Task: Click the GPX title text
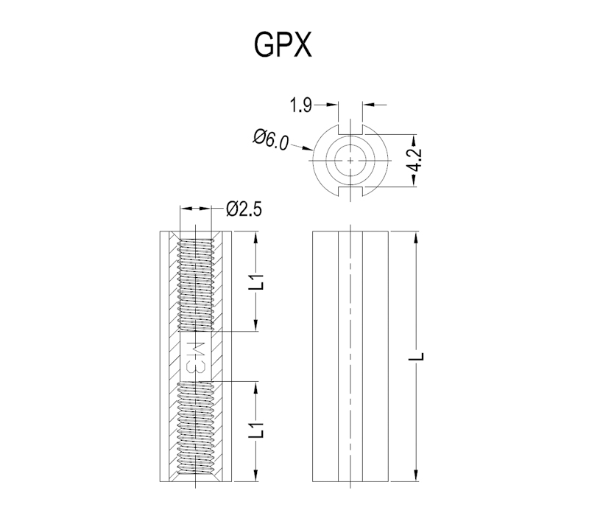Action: pos(283,44)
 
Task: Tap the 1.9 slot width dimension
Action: pos(301,105)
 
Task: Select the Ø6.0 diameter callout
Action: pos(271,139)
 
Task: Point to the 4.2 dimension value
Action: pos(415,160)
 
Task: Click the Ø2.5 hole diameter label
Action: pos(244,209)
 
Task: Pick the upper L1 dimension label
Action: pos(257,282)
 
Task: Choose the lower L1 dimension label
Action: pos(257,430)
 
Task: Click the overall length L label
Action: pos(416,356)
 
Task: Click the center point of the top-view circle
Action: pos(350,161)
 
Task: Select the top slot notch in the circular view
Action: pos(350,129)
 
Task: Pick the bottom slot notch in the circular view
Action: pos(350,192)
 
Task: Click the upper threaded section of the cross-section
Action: pos(195,285)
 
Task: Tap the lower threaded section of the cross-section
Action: pos(195,428)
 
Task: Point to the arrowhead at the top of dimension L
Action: pos(416,237)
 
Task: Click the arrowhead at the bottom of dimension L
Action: pos(416,475)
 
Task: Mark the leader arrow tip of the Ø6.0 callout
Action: pos(312,150)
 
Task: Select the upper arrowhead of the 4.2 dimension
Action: pos(414,140)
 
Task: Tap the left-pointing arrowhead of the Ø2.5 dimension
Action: pos(186,209)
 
